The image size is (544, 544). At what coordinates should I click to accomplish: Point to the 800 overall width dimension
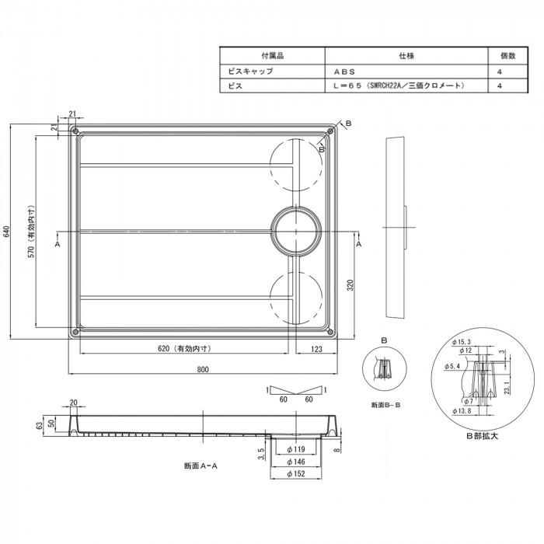[203, 369]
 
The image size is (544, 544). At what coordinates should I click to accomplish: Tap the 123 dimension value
[316, 349]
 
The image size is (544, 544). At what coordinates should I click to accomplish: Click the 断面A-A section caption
[200, 466]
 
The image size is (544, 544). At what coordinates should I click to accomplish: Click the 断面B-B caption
[385, 406]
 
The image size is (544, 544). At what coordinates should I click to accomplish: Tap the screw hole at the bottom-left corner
[75, 332]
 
